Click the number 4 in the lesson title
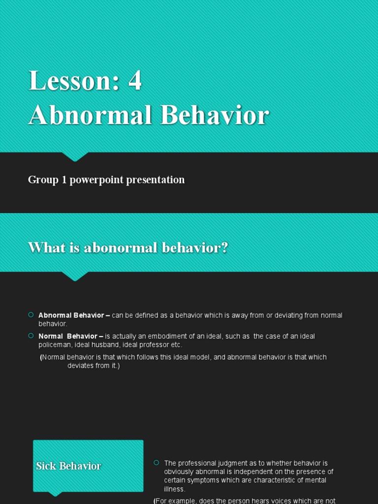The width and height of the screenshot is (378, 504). (x=135, y=80)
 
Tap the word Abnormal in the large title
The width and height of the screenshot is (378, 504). (x=90, y=115)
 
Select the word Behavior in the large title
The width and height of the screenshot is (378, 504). (x=215, y=115)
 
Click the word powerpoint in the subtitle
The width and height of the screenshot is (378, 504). (x=96, y=180)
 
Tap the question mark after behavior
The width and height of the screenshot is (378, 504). (x=224, y=248)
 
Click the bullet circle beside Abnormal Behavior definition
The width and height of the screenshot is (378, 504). (x=31, y=315)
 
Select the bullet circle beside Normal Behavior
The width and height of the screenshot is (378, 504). (x=31, y=336)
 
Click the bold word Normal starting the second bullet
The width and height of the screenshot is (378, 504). (x=51, y=336)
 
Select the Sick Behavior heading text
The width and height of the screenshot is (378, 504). (x=68, y=466)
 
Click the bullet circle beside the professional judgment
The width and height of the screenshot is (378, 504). (x=157, y=463)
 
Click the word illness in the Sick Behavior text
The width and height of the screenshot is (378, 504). (x=175, y=489)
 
